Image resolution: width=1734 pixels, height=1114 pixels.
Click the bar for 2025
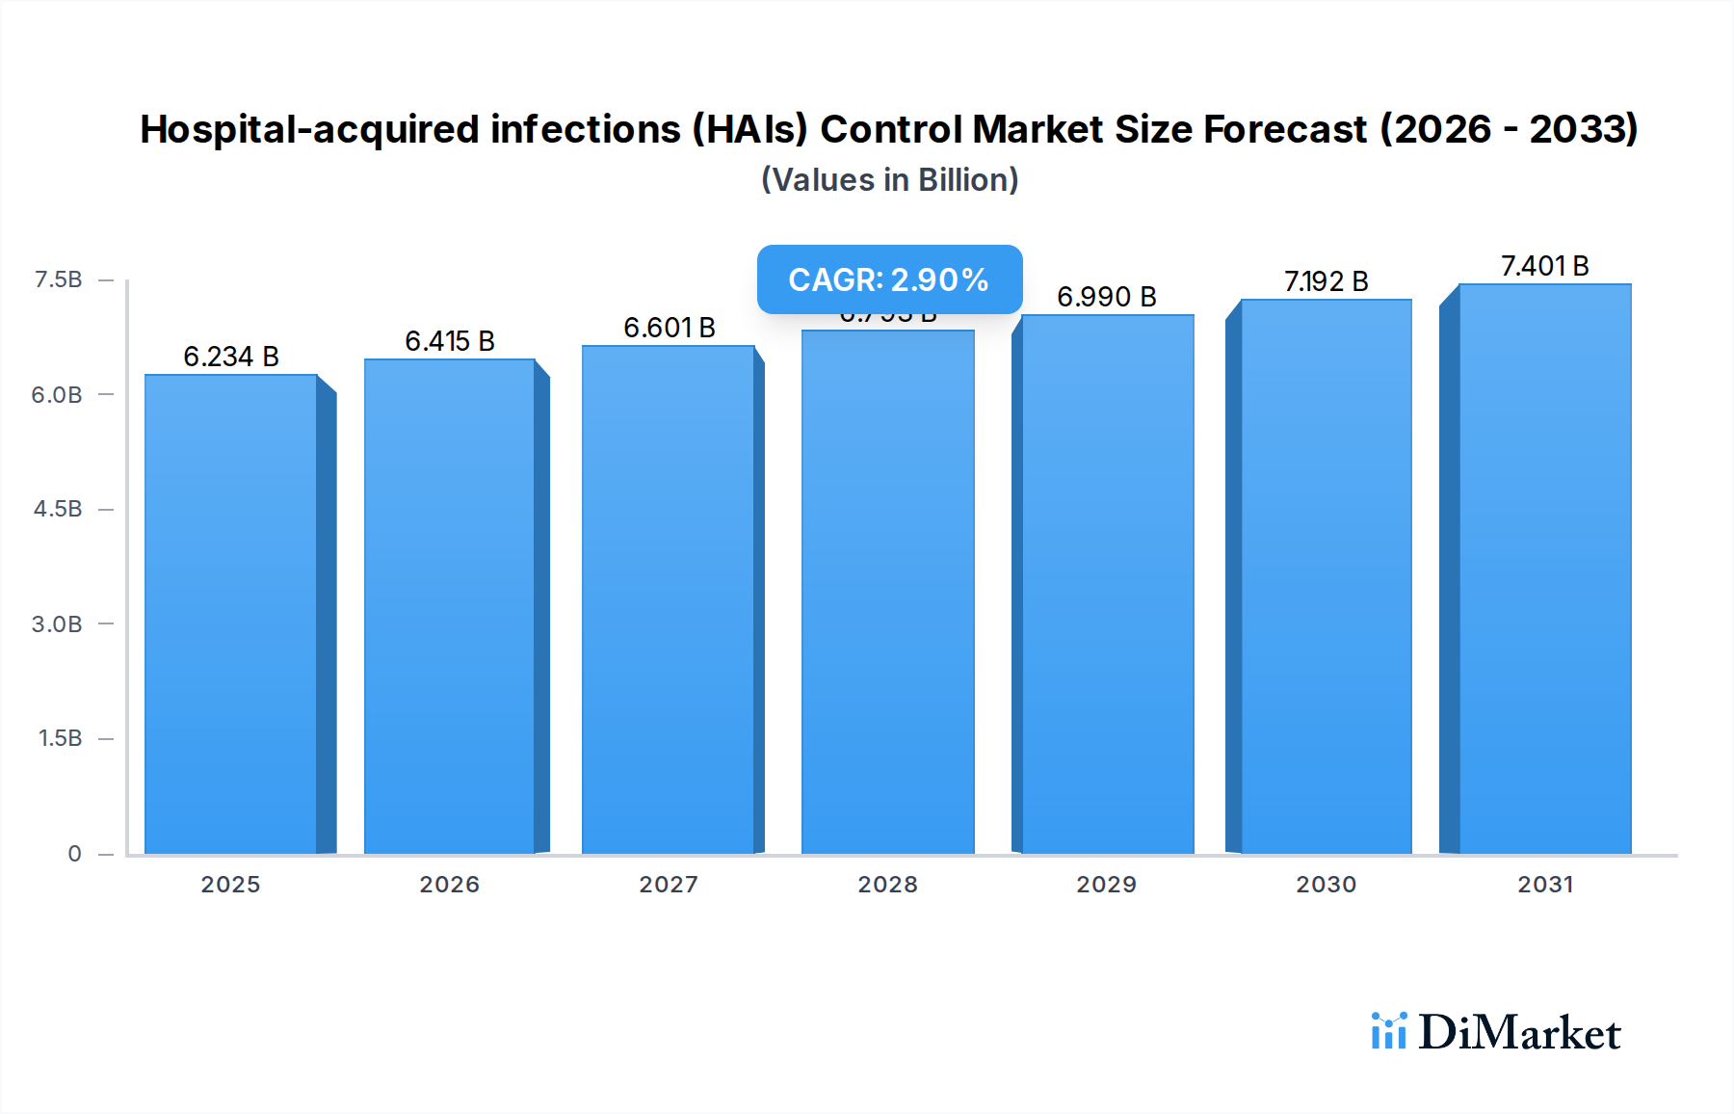(x=231, y=614)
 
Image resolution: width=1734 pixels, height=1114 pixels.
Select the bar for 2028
(x=887, y=592)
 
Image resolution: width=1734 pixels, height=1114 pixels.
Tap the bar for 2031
(x=1544, y=569)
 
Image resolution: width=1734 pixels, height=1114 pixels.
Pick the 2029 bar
(x=1107, y=584)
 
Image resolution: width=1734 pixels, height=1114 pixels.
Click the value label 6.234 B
(x=231, y=357)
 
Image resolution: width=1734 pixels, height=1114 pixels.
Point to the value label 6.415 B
(x=450, y=341)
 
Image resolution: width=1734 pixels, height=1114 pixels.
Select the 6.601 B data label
(x=669, y=328)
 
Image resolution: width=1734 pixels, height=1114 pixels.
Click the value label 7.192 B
(x=1326, y=281)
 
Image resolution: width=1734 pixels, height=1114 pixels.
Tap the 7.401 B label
(x=1544, y=266)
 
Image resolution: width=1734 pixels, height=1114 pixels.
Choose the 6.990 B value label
(x=1106, y=297)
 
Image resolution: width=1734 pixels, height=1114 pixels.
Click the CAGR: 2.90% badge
(x=888, y=279)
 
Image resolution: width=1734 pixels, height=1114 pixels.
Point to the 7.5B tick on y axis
(x=58, y=279)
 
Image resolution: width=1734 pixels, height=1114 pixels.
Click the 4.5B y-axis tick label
(x=58, y=509)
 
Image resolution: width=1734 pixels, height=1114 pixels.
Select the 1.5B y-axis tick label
(x=60, y=738)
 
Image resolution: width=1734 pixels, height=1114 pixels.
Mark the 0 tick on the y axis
(x=74, y=853)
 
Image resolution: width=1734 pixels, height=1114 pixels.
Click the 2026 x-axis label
(x=449, y=884)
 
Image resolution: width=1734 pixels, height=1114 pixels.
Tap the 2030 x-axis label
(x=1326, y=884)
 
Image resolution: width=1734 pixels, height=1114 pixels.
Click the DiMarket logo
(x=1496, y=1032)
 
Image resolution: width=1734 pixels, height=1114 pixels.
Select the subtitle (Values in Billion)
(x=889, y=180)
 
